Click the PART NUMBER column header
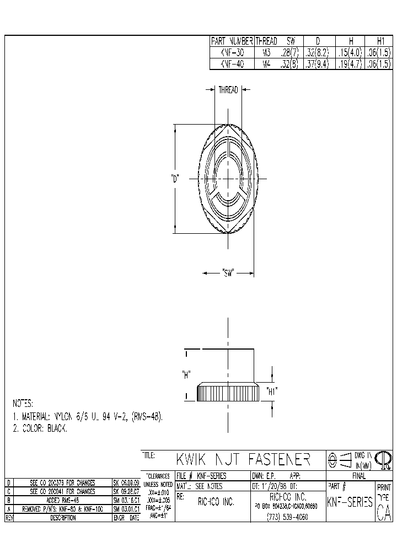[232, 41]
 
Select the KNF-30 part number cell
[232, 53]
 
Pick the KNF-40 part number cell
[232, 64]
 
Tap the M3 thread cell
[266, 53]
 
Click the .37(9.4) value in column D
[317, 64]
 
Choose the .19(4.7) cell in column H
[350, 64]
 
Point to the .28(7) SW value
[288, 53]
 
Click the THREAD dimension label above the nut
[228, 90]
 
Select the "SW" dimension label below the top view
[228, 272]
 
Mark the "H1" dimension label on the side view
[271, 391]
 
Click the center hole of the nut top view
[228, 178]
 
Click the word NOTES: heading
[23, 403]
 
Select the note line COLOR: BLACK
[40, 428]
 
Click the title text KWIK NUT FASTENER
[243, 459]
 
